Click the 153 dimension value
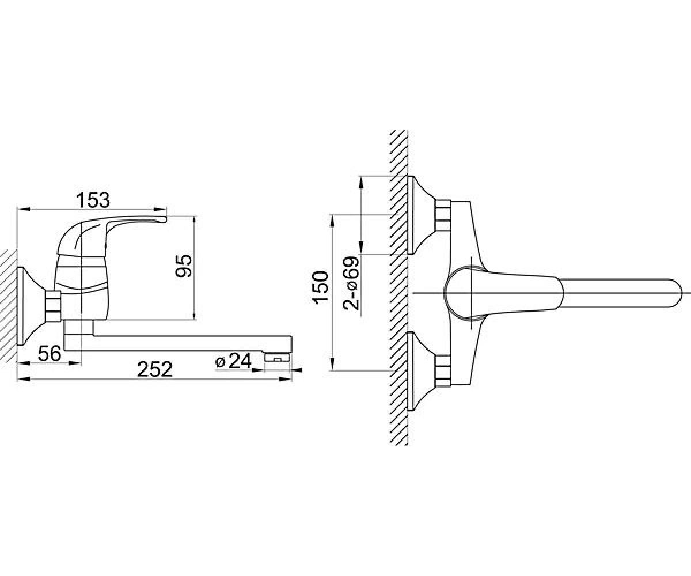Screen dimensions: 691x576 tap(93, 200)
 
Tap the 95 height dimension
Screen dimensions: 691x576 tap(184, 266)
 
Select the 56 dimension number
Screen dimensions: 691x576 tap(50, 354)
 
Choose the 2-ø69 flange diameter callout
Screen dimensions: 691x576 tap(351, 283)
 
